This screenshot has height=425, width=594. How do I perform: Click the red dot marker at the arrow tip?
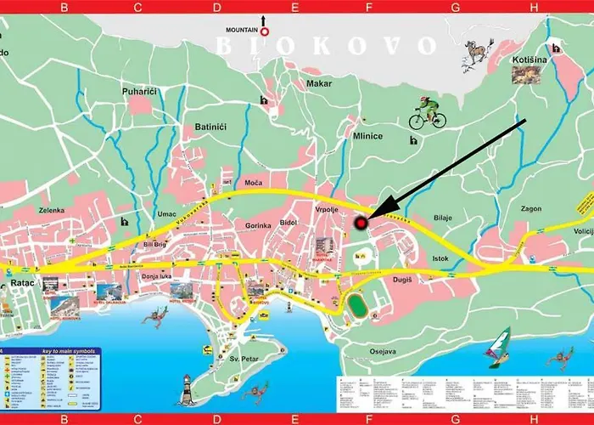coord(361,224)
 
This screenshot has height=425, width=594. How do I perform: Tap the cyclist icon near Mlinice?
coord(427,114)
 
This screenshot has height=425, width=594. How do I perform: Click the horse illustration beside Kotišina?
coord(478,54)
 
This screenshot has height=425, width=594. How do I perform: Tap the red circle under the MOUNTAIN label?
coord(264,32)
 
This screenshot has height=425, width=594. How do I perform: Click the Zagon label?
coord(532,207)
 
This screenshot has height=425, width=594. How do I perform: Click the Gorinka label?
coord(257,224)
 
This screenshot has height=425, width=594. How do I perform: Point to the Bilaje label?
coord(443,218)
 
